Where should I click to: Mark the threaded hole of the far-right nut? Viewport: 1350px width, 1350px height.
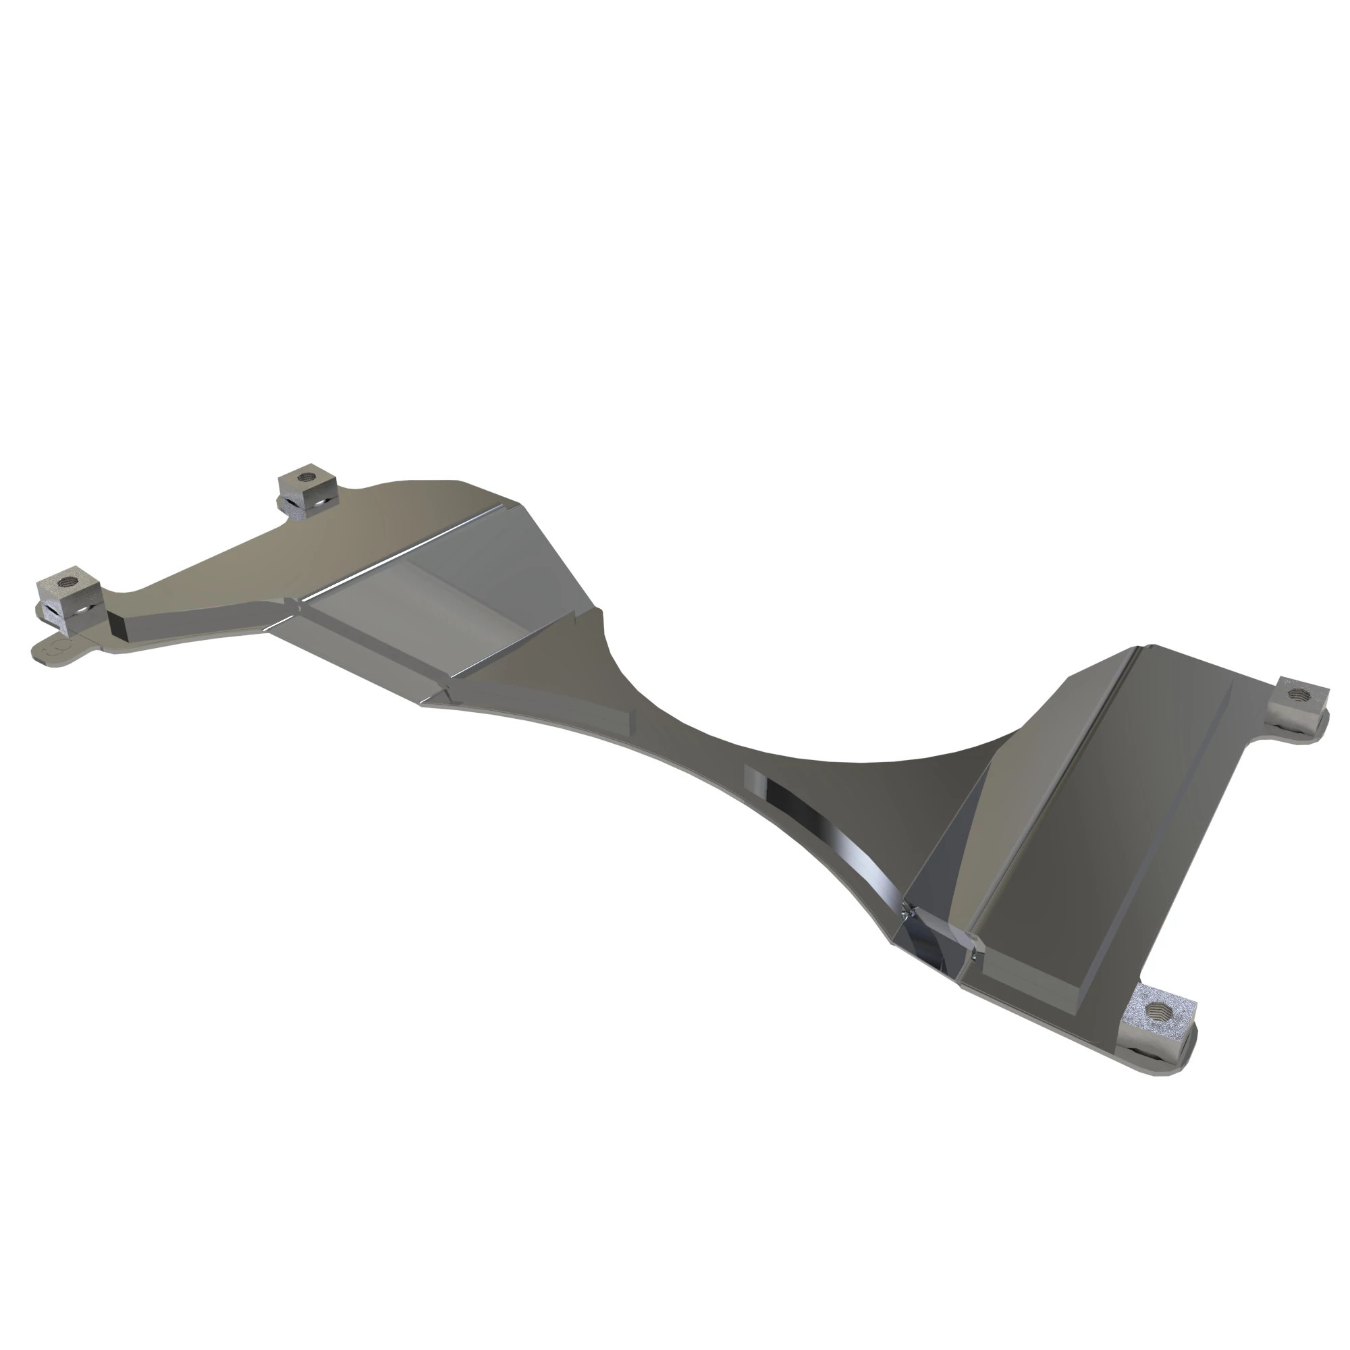click(x=1299, y=694)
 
